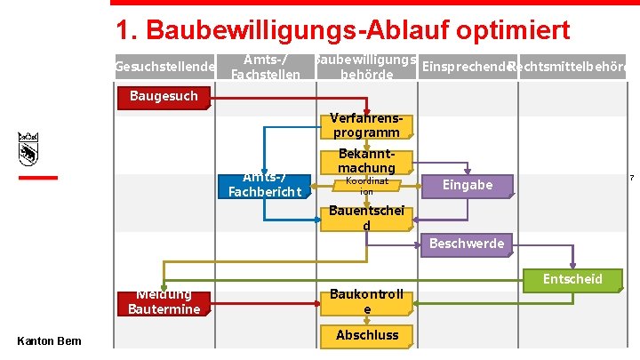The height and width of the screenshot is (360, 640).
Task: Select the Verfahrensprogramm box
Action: (365, 125)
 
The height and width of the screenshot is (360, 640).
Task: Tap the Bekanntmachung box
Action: (365, 161)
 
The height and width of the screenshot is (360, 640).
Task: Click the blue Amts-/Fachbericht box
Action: (265, 185)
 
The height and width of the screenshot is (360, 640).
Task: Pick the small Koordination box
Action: (366, 186)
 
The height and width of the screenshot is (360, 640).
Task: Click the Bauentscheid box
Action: (365, 219)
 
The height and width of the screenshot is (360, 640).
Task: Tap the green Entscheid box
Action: (572, 279)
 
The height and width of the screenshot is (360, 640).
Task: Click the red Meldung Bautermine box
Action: (164, 302)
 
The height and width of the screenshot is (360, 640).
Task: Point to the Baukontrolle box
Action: (365, 301)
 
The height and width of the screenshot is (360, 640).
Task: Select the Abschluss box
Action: (366, 335)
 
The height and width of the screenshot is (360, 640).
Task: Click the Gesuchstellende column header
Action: (165, 68)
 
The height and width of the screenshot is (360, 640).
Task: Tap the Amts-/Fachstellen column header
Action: (265, 67)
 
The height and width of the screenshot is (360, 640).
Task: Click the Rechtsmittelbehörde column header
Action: (569, 68)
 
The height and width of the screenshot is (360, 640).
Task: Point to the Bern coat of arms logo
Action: (29, 148)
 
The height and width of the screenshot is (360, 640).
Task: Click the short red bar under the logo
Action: (38, 178)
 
